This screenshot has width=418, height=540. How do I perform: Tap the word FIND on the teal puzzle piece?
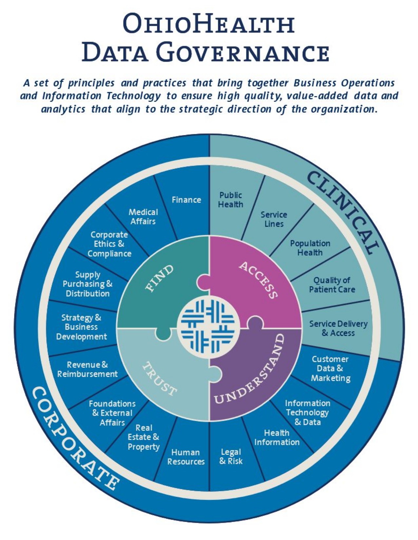[x=160, y=278]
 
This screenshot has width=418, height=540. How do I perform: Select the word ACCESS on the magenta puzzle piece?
[x=258, y=280]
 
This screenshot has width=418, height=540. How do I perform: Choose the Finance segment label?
[x=186, y=200]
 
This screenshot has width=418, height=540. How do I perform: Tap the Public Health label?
[x=231, y=200]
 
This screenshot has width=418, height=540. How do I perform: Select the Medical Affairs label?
[x=143, y=217]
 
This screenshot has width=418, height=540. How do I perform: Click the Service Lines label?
[x=274, y=219]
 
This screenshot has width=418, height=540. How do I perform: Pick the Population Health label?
[x=310, y=248]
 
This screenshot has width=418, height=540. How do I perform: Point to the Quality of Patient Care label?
[x=332, y=285]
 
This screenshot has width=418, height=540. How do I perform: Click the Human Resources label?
[x=186, y=457]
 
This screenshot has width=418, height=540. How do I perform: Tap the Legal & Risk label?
[x=231, y=456]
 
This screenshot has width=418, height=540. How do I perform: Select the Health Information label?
[x=277, y=437]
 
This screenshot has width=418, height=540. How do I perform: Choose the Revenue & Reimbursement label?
[x=87, y=369]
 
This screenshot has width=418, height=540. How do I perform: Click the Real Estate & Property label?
[x=143, y=437]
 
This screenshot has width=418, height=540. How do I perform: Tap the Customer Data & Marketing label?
[x=330, y=369]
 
